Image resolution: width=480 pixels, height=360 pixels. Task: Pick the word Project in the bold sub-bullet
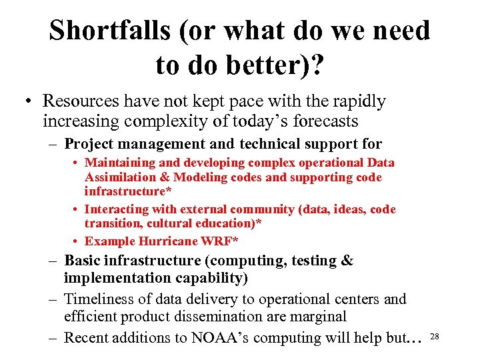tap(88, 143)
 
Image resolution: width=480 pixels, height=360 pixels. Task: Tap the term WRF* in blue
tap(223, 241)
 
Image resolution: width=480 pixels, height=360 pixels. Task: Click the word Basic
tap(82, 261)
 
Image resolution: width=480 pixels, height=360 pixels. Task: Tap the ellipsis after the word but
tap(414, 339)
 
